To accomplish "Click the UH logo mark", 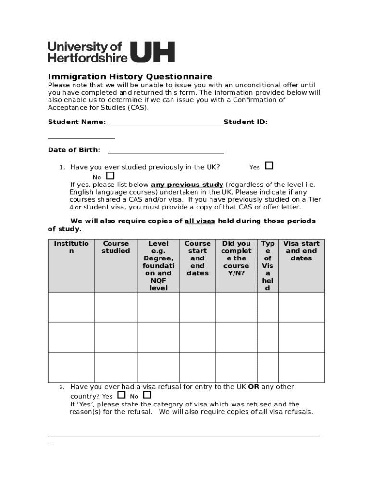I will pyautogui.click(x=153, y=52).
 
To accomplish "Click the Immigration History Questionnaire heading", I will pyautogui.click(x=130, y=77).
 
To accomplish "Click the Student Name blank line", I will pyautogui.click(x=166, y=123).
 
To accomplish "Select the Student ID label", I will pyautogui.click(x=246, y=122).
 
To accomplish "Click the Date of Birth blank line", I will pyautogui.click(x=166, y=151).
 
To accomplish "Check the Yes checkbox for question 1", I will pyautogui.click(x=269, y=166).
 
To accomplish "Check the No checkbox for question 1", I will pyautogui.click(x=111, y=176).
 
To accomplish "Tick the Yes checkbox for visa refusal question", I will pyautogui.click(x=121, y=395).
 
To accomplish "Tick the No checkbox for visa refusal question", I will pyautogui.click(x=147, y=395).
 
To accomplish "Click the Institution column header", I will pyautogui.click(x=71, y=247).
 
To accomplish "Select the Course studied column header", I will pyautogui.click(x=116, y=247).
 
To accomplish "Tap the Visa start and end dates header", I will pyautogui.click(x=301, y=251).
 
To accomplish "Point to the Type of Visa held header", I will pyautogui.click(x=268, y=266).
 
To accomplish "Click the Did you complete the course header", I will pyautogui.click(x=236, y=258).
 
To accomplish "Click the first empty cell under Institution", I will pyautogui.click(x=71, y=307).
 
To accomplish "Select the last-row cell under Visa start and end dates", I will pyautogui.click(x=301, y=367).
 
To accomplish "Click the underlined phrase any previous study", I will pyautogui.click(x=187, y=184).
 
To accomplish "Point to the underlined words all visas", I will pyautogui.click(x=199, y=221).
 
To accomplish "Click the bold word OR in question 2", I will pyautogui.click(x=253, y=387).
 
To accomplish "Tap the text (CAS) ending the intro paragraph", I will pyautogui.click(x=138, y=108).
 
